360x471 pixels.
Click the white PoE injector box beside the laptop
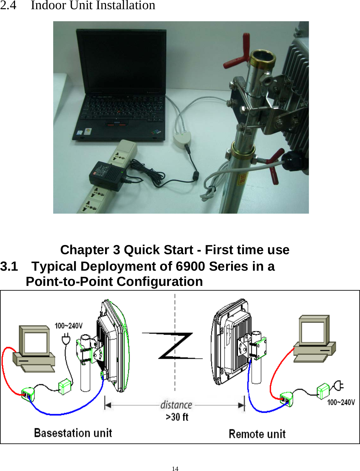(182, 139)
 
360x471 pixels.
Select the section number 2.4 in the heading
(8, 5)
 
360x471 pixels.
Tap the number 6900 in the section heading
(190, 266)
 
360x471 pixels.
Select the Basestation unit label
(73, 433)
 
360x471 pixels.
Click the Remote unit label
(257, 434)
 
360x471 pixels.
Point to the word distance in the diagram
(176, 405)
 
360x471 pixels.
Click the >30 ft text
(177, 417)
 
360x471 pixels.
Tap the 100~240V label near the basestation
(68, 326)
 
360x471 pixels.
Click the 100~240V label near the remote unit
(341, 402)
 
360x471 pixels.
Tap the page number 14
(175, 469)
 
